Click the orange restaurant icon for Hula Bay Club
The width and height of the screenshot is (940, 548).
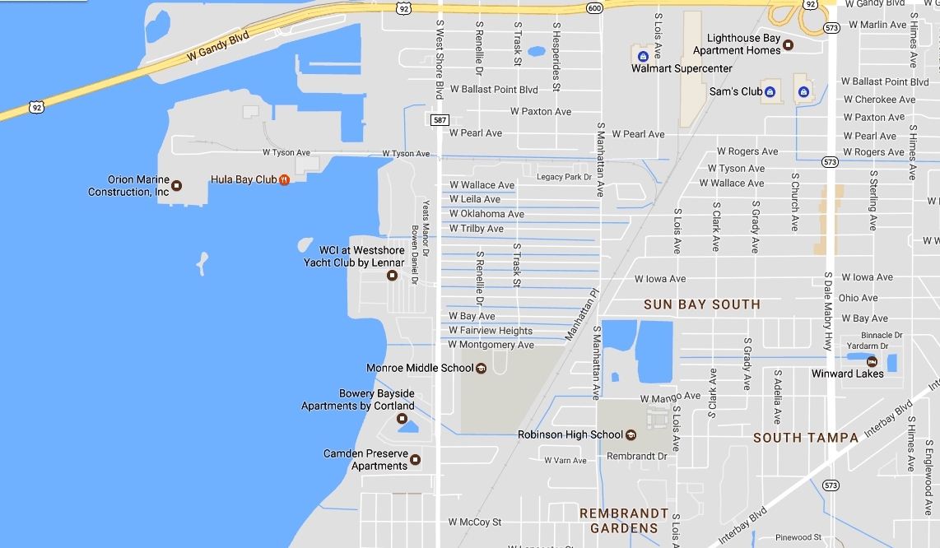[x=284, y=179]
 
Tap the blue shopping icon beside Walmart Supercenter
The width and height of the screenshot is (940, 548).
[x=643, y=56]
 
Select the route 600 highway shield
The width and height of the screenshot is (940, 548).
[x=594, y=7]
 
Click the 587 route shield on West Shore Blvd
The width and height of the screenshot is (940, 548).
[x=439, y=120]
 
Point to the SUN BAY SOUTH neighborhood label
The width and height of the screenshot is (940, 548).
[x=701, y=304]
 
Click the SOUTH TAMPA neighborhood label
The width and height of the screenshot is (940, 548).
[x=806, y=438]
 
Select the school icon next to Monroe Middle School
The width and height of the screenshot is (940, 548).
[x=482, y=368]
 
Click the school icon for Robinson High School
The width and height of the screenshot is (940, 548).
[x=631, y=434]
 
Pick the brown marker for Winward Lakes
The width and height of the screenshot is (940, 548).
[x=871, y=361]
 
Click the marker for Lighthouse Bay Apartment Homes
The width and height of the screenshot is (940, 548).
[x=788, y=44]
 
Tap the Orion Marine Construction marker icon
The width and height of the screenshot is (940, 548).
[x=176, y=185]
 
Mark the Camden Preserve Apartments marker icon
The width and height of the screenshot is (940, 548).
[x=416, y=459]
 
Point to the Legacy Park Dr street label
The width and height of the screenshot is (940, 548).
[x=564, y=177]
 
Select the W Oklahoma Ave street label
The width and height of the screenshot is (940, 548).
[x=486, y=214]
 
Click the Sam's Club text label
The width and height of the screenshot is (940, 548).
[x=736, y=91]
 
